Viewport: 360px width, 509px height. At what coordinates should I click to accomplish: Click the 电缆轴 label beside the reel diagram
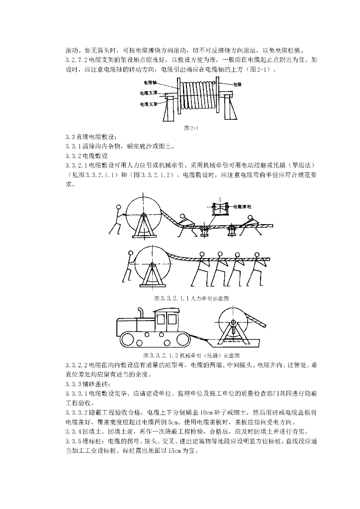click(150, 83)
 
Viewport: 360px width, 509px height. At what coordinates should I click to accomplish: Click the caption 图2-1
click(191, 128)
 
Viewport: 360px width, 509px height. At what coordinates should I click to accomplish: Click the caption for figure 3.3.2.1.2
click(191, 355)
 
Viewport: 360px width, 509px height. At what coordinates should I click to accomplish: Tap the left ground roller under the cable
click(204, 229)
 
